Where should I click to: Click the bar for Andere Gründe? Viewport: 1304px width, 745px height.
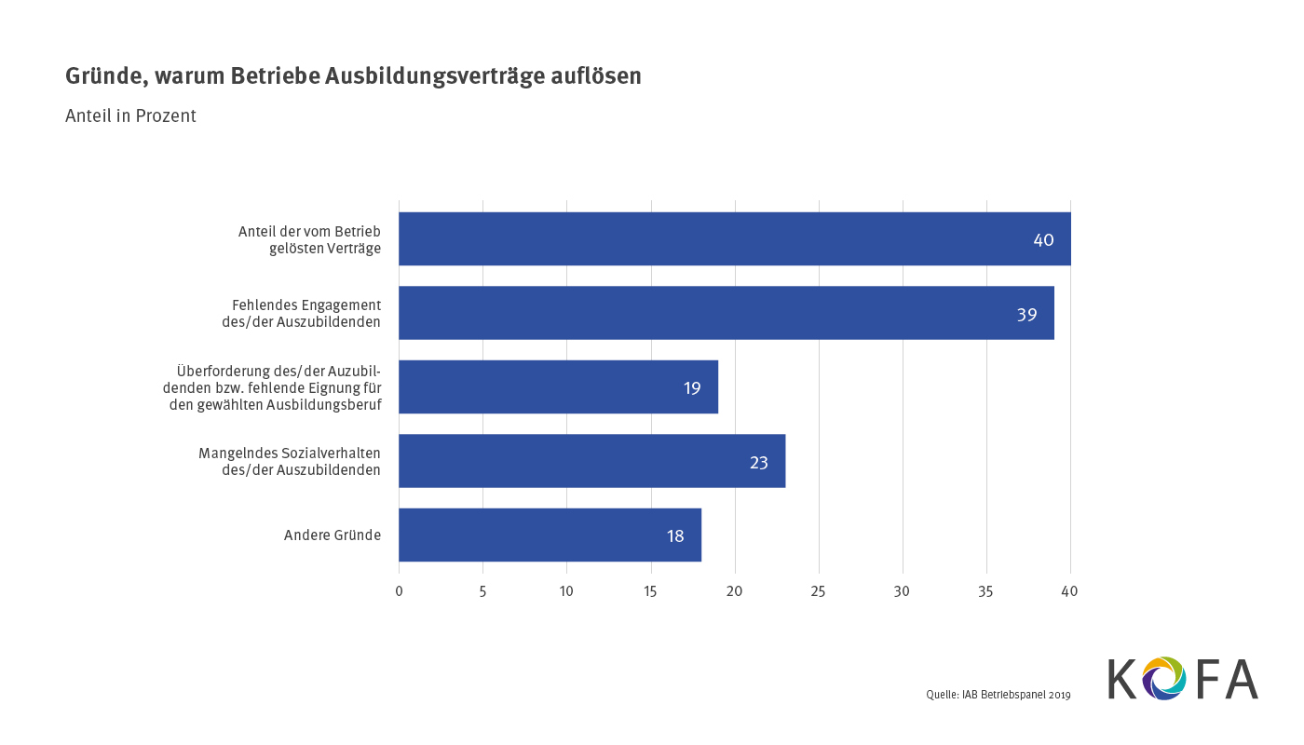pyautogui.click(x=550, y=535)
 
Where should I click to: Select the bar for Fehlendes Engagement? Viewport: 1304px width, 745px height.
pyautogui.click(x=727, y=313)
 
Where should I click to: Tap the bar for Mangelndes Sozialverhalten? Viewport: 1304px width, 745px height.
pyautogui.click(x=591, y=461)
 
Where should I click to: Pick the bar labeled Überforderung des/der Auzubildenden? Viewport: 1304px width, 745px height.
pyautogui.click(x=558, y=386)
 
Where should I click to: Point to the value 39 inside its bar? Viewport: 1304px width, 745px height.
pyautogui.click(x=1026, y=315)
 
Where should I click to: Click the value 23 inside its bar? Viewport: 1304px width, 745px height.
pyautogui.click(x=759, y=462)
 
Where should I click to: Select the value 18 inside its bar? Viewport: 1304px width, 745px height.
pyautogui.click(x=675, y=536)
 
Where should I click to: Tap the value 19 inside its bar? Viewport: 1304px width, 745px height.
pyautogui.click(x=692, y=388)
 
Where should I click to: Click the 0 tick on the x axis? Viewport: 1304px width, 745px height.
pyautogui.click(x=399, y=591)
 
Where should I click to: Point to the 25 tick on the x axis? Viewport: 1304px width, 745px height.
pyautogui.click(x=818, y=591)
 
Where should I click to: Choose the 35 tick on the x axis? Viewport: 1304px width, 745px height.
pyautogui.click(x=985, y=591)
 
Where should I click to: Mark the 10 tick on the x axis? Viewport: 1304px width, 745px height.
pyautogui.click(x=566, y=591)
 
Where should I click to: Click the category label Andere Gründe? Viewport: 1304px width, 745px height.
pyautogui.click(x=333, y=535)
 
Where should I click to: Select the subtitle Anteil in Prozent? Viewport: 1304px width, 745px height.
pyautogui.click(x=130, y=116)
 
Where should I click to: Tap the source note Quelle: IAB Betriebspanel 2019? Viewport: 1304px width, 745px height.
pyautogui.click(x=998, y=695)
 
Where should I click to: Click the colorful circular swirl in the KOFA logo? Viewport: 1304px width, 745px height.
pyautogui.click(x=1163, y=678)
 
